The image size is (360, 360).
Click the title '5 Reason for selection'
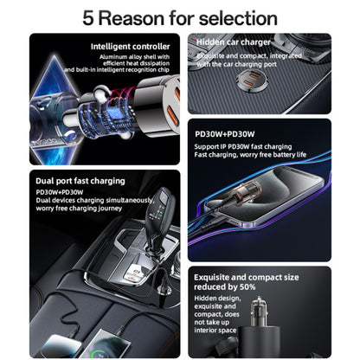click(x=180, y=17)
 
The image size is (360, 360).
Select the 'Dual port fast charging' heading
click(x=80, y=181)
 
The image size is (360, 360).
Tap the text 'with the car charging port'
click(x=236, y=65)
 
